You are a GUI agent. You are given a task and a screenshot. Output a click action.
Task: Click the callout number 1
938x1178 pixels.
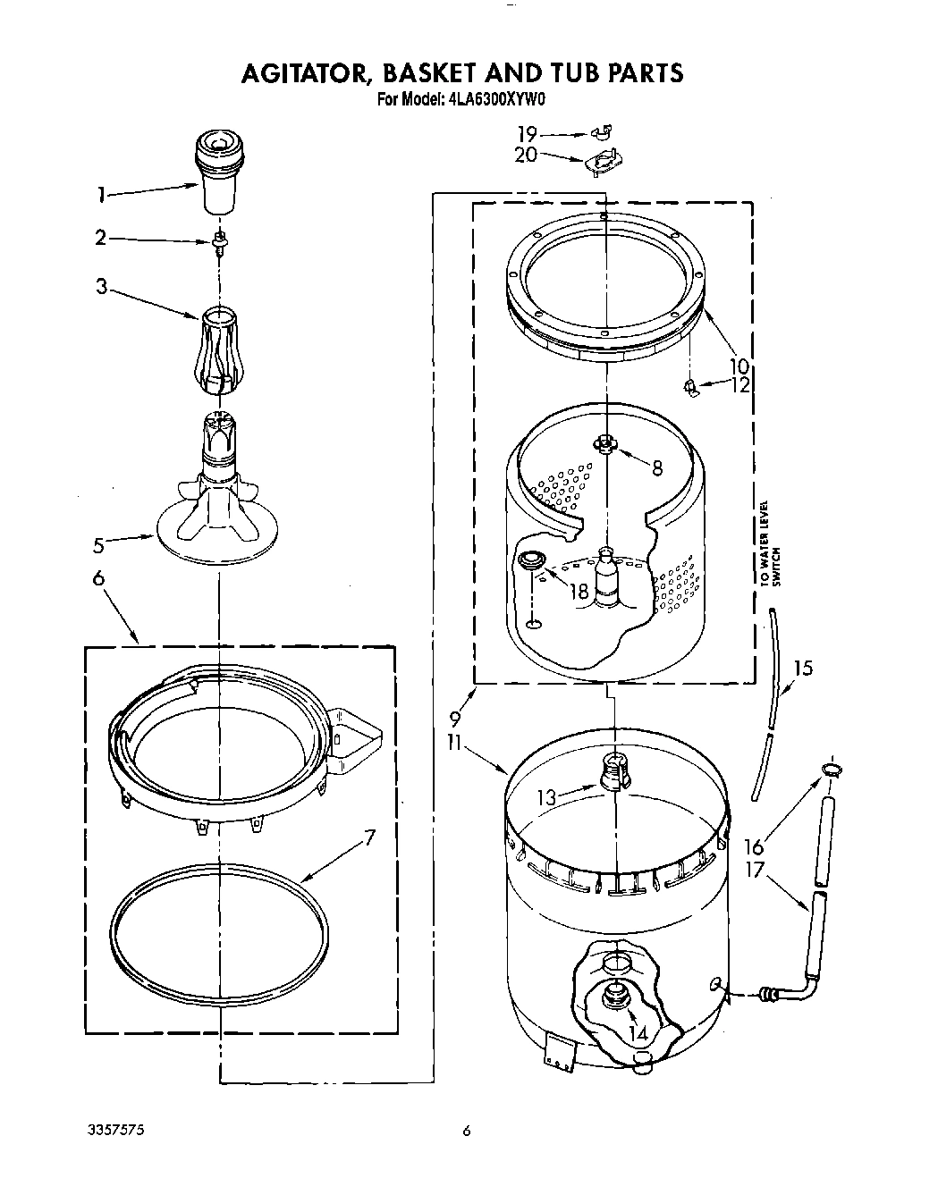coord(101,194)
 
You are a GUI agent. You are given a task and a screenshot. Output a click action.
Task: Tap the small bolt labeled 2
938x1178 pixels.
coord(218,241)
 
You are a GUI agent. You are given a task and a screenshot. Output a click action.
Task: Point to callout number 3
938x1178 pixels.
coord(102,287)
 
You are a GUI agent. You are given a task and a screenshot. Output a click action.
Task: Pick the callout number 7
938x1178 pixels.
coord(369,837)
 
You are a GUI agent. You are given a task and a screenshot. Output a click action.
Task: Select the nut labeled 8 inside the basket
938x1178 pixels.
coord(606,443)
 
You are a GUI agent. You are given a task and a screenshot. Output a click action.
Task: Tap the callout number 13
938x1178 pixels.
coord(545,797)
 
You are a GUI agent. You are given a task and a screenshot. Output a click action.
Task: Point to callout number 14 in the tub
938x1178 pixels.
coord(638,1033)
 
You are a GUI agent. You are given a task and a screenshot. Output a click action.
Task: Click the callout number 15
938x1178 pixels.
coord(803,667)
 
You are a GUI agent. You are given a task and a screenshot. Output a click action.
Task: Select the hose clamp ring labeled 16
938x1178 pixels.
coord(829,769)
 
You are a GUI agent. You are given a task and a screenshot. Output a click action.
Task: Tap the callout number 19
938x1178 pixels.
coord(527,134)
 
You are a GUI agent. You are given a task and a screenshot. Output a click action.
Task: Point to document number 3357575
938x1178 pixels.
coord(113,1131)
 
